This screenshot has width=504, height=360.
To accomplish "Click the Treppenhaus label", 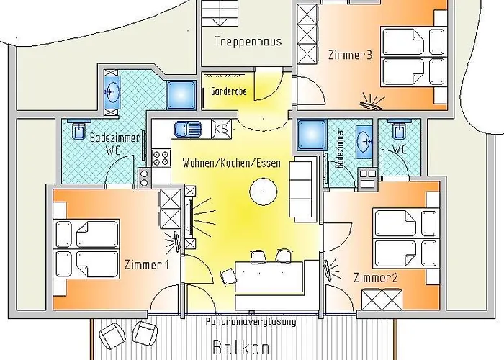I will click(248, 41).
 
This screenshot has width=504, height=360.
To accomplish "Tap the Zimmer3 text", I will click(349, 55).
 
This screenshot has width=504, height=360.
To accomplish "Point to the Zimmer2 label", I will click(372, 276).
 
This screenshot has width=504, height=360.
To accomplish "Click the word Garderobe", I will click(229, 92).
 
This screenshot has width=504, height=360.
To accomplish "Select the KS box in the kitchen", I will click(222, 129).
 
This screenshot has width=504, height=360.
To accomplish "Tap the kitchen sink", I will click(189, 129).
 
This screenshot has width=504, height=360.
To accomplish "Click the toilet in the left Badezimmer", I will click(78, 132).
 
